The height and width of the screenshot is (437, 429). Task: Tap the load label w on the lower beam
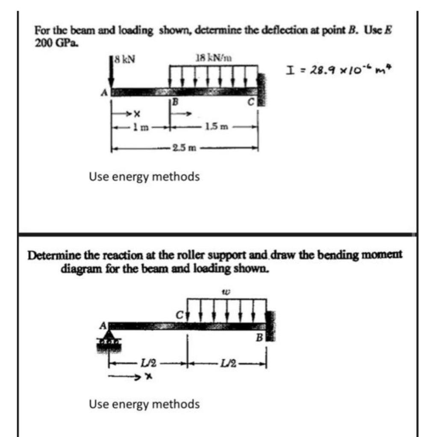(x=226, y=292)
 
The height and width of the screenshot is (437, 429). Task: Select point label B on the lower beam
(x=259, y=339)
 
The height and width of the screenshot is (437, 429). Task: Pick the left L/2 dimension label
(x=149, y=364)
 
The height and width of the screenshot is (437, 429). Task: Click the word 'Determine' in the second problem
(x=52, y=255)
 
